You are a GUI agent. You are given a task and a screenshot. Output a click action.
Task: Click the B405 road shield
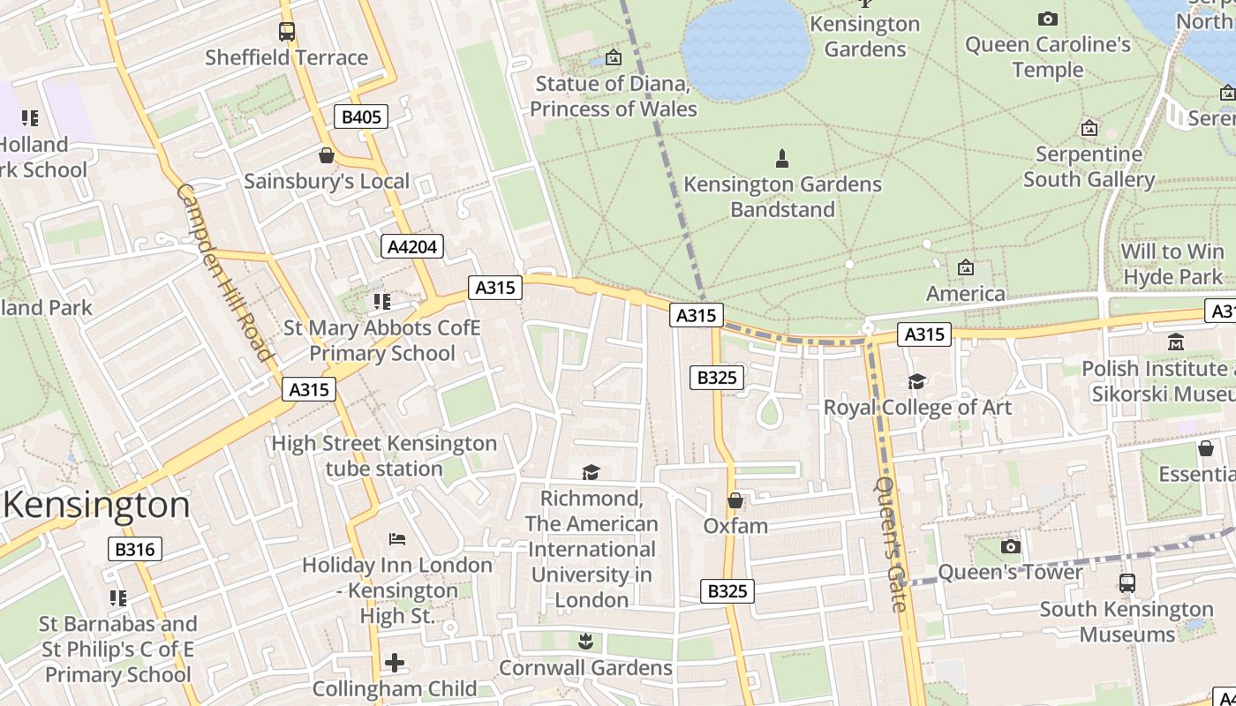click(361, 116)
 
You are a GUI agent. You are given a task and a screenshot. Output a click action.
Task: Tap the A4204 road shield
click(412, 246)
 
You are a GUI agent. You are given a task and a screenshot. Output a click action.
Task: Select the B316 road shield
click(135, 549)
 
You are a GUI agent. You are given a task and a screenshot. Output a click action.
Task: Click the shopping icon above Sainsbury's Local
click(327, 155)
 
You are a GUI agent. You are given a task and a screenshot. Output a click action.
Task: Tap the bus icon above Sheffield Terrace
click(287, 32)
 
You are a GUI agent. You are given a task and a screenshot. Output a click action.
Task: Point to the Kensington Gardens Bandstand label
click(782, 196)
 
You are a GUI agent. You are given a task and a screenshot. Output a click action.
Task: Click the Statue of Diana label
click(613, 96)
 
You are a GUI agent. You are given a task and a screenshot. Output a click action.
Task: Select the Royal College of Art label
click(917, 407)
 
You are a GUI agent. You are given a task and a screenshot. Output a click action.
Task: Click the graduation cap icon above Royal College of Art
click(917, 381)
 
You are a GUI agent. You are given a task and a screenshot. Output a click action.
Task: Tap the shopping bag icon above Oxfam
click(735, 500)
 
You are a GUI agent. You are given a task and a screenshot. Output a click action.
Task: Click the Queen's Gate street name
click(891, 544)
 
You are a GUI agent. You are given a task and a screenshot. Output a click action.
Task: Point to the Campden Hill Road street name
click(225, 272)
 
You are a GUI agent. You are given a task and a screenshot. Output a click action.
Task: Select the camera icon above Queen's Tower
click(1011, 546)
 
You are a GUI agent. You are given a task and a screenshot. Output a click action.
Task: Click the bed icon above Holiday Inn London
click(397, 538)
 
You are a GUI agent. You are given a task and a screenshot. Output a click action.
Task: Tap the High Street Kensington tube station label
click(384, 455)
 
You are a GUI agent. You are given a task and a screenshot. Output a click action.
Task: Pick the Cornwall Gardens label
click(585, 667)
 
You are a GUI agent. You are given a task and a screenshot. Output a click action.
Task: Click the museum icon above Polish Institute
click(1176, 342)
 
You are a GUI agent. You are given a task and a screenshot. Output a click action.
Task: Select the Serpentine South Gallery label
click(1089, 167)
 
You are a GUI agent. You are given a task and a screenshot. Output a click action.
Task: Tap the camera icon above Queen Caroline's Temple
click(1048, 19)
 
